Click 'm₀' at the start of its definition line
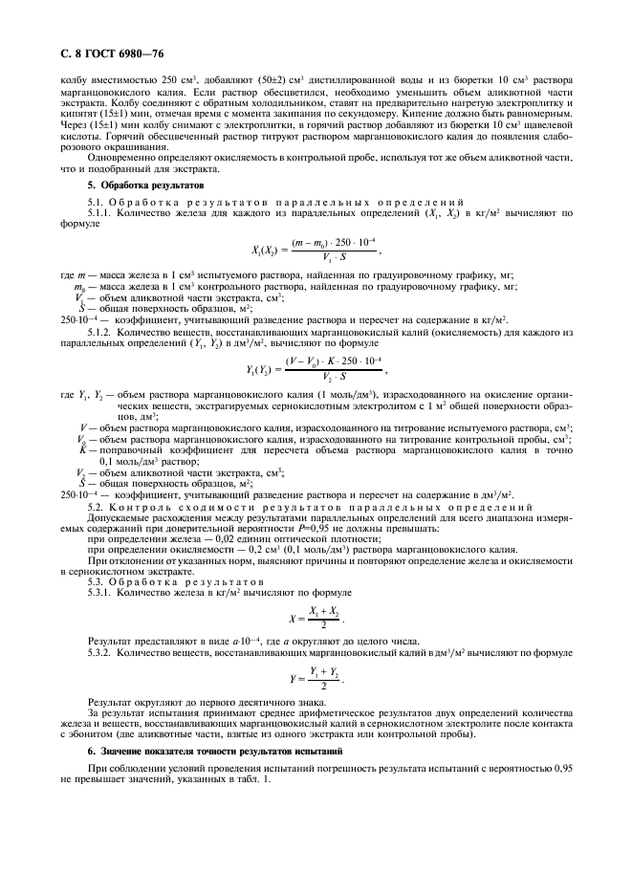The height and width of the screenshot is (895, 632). (x=79, y=286)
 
